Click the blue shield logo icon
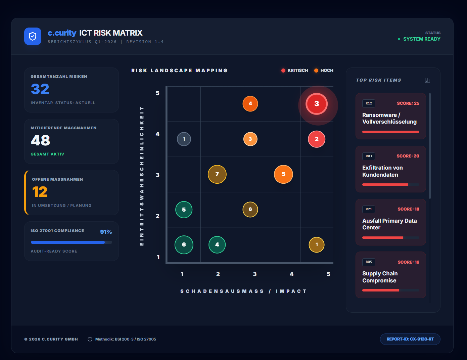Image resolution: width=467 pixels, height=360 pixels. click(x=33, y=36)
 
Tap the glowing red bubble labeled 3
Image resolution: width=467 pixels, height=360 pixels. click(x=317, y=104)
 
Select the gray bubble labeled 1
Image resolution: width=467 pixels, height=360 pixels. click(x=184, y=139)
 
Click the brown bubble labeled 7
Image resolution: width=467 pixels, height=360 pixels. click(x=217, y=174)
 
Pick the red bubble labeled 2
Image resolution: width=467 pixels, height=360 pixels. click(x=317, y=139)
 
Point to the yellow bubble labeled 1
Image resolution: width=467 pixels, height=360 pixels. click(x=317, y=244)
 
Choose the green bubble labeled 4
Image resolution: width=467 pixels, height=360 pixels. click(x=217, y=244)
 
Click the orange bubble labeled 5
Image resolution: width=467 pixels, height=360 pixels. click(x=283, y=174)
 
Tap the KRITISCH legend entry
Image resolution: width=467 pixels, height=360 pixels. click(x=295, y=71)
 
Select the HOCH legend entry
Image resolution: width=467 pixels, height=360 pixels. click(x=324, y=71)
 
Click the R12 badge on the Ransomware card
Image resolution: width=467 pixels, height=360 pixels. click(x=369, y=103)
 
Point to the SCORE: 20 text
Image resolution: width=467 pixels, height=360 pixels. click(x=408, y=156)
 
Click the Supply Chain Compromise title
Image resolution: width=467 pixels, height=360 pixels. click(x=380, y=277)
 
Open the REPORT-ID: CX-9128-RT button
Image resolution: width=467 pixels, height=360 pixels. click(x=410, y=339)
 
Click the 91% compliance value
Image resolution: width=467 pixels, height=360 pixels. click(x=106, y=232)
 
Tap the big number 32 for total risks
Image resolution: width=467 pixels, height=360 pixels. click(x=40, y=89)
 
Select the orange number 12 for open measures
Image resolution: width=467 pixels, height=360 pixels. click(x=40, y=192)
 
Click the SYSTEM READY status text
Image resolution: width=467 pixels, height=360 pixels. click(x=422, y=39)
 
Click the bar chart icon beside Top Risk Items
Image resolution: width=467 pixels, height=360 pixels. click(x=427, y=80)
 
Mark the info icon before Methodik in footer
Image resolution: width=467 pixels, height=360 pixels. click(x=90, y=339)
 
